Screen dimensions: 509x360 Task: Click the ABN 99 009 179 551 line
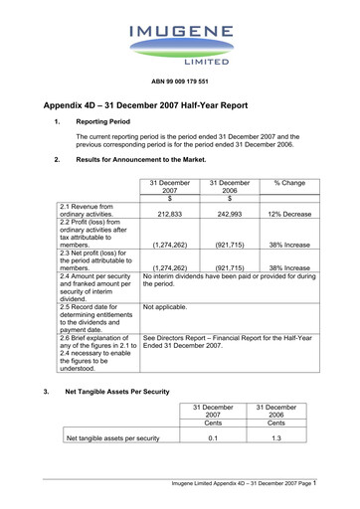pos(179,80)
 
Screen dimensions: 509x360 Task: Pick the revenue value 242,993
pos(229,214)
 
